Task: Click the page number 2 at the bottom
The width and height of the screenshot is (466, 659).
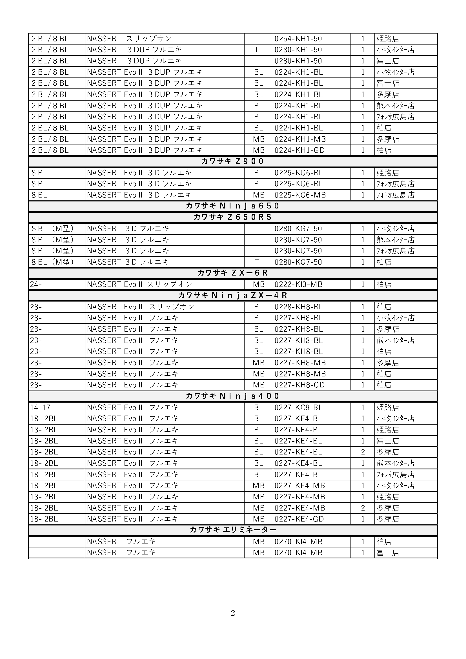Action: click(x=233, y=613)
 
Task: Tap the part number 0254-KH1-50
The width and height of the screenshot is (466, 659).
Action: click(x=298, y=39)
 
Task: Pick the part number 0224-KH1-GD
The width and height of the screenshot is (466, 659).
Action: click(x=299, y=150)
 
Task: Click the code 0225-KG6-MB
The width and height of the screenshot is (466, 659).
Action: click(x=300, y=195)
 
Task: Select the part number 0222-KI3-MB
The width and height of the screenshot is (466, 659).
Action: click(x=298, y=285)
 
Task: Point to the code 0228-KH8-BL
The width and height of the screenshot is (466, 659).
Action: click(x=299, y=307)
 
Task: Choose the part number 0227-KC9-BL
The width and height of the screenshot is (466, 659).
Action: click(x=298, y=408)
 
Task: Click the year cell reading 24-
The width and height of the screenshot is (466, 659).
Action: click(x=36, y=285)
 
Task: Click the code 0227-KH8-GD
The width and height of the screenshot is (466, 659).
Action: click(x=299, y=385)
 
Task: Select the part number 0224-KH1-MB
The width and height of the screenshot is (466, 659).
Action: click(x=300, y=139)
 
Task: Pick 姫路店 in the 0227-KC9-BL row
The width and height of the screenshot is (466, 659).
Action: click(x=388, y=408)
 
